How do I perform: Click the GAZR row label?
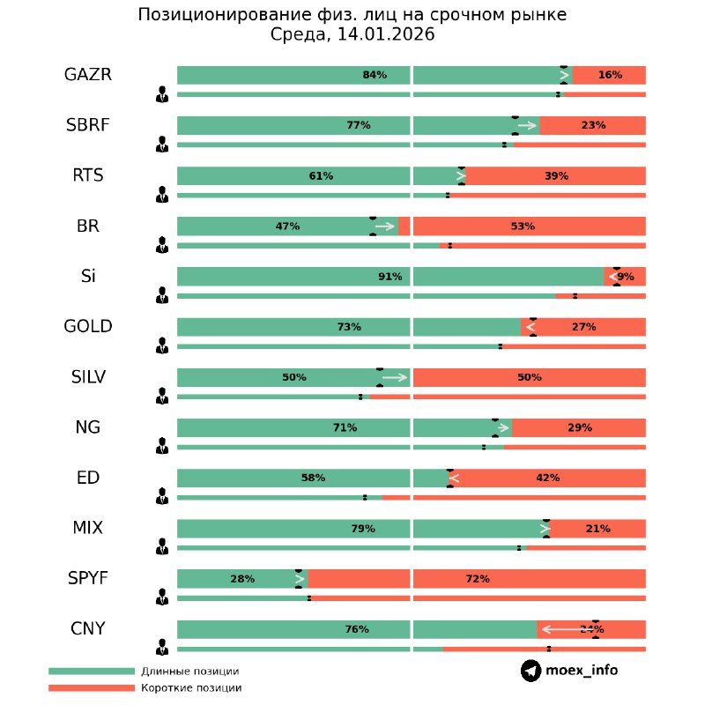(x=88, y=75)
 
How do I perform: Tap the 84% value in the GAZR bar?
(x=375, y=75)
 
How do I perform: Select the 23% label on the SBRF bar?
(x=593, y=125)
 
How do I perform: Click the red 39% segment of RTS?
(x=556, y=176)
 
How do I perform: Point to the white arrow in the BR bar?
(x=385, y=226)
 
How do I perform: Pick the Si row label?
(x=88, y=276)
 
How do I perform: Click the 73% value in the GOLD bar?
(x=349, y=327)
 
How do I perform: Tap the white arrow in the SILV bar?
(x=395, y=377)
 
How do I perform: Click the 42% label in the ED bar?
(x=547, y=478)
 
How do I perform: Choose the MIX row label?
(x=88, y=528)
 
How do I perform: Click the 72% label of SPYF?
(x=478, y=579)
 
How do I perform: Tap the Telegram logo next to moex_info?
(x=531, y=671)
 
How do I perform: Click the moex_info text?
(x=582, y=671)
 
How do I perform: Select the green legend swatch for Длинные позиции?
(x=92, y=672)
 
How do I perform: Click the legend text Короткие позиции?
(x=191, y=687)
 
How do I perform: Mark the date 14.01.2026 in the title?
(x=386, y=34)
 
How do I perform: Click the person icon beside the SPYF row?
(x=162, y=597)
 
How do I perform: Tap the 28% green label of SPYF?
(x=242, y=579)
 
